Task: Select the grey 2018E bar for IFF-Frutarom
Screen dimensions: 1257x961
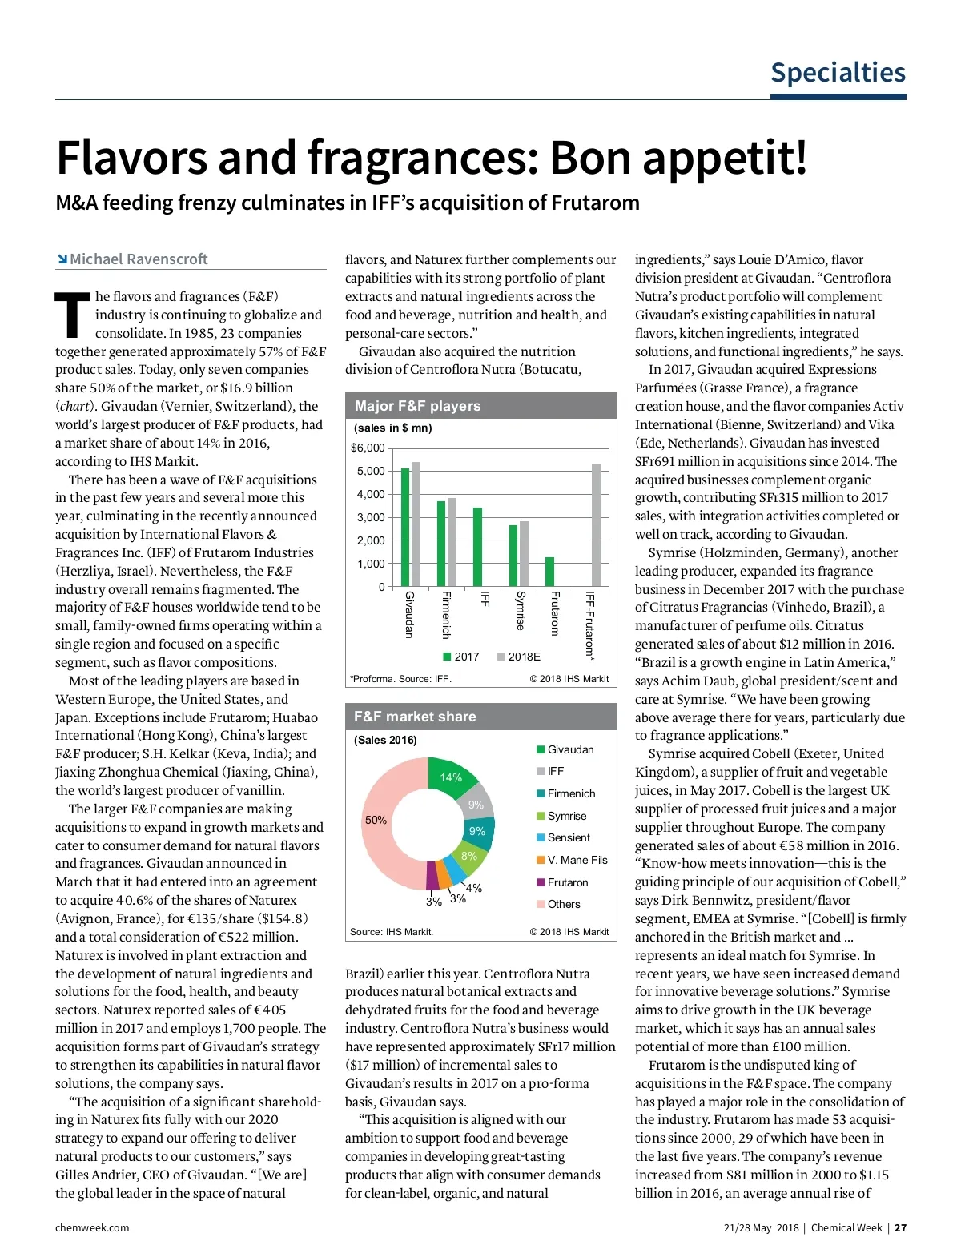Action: [596, 525]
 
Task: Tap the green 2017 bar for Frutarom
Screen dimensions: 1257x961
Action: [549, 572]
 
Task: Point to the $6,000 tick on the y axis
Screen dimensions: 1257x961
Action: [368, 448]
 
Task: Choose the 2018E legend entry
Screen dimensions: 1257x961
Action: [518, 657]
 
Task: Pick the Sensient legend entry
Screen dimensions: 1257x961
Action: [568, 837]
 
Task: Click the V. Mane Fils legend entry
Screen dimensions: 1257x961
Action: [577, 860]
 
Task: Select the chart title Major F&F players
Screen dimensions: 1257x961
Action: [417, 406]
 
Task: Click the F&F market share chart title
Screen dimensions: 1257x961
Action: [415, 717]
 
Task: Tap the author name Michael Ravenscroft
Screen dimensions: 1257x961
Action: [138, 259]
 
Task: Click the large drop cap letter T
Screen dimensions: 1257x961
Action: [72, 315]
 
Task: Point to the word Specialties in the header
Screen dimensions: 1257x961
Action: [838, 73]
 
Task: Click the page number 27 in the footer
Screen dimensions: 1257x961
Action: [901, 1227]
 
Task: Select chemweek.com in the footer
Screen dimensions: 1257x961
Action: [92, 1227]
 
